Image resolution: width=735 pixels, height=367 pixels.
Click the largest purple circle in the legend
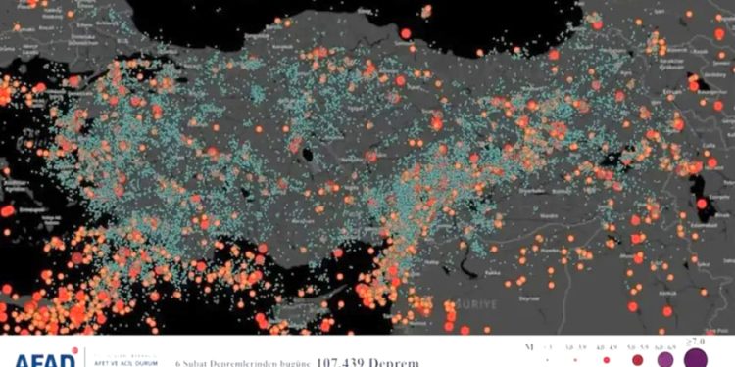[698, 357]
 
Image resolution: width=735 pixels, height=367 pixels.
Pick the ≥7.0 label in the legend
[696, 341]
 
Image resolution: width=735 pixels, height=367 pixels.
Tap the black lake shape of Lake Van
[700, 186]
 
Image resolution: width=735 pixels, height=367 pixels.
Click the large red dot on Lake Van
[703, 205]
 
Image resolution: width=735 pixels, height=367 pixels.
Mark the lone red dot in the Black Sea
[406, 33]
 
